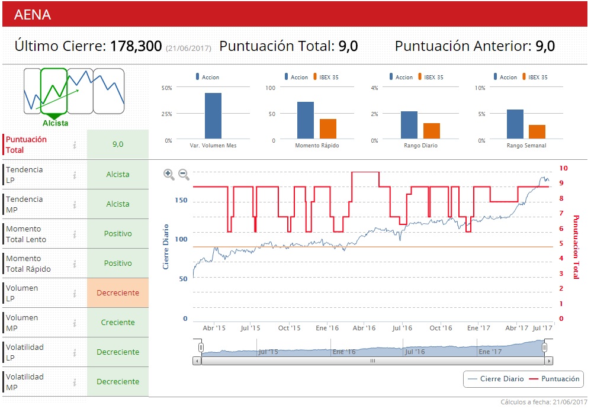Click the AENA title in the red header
(x=32, y=15)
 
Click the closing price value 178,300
(x=136, y=46)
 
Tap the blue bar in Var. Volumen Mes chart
(x=213, y=116)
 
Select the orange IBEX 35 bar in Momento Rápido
(x=328, y=129)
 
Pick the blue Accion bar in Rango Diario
(x=409, y=125)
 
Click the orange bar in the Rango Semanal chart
(x=537, y=132)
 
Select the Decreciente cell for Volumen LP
(x=118, y=293)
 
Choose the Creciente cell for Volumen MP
(x=118, y=323)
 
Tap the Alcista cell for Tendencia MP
(x=118, y=204)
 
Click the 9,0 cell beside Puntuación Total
(x=118, y=144)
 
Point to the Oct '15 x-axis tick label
(x=290, y=328)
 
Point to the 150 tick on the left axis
(x=181, y=200)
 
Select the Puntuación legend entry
(x=554, y=379)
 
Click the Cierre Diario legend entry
(x=496, y=379)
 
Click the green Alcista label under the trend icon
(x=55, y=123)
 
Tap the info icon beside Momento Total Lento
(x=75, y=234)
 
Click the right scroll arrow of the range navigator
(x=549, y=361)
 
